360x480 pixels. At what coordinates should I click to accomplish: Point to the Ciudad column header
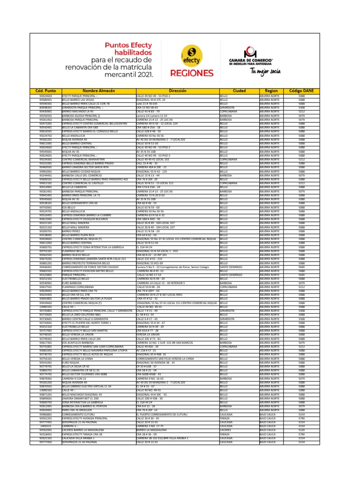(239, 90)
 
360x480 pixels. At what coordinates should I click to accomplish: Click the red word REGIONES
(193, 74)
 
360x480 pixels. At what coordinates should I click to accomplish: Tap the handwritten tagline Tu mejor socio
(265, 71)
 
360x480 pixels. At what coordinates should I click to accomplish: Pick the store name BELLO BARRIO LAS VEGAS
(78, 100)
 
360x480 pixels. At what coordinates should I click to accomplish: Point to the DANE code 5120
(301, 429)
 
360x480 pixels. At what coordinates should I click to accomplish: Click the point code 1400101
(45, 426)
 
